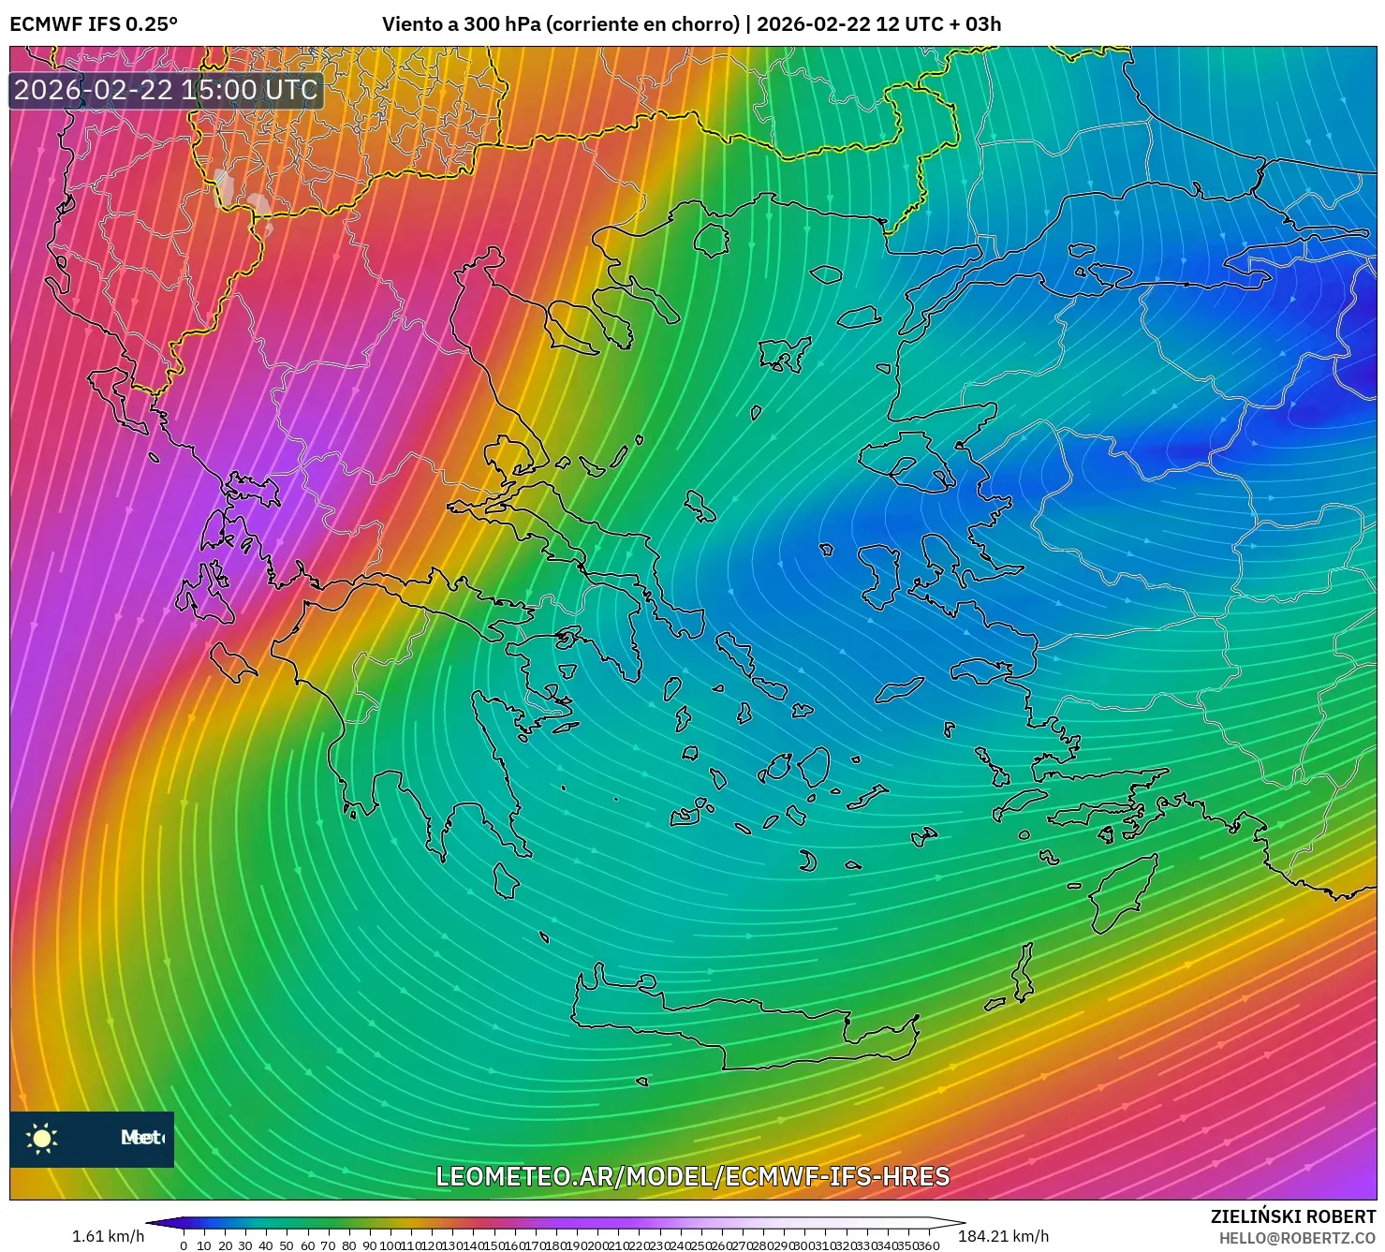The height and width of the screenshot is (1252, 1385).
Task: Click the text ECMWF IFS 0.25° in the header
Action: click(94, 24)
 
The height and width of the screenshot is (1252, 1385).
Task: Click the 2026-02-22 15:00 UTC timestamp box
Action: click(167, 91)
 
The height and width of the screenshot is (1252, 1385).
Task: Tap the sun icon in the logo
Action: click(42, 1139)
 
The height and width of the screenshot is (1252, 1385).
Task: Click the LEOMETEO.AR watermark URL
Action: click(693, 1176)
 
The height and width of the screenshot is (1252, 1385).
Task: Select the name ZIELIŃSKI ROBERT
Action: click(1293, 1217)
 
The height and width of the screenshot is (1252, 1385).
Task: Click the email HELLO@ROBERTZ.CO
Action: click(1297, 1238)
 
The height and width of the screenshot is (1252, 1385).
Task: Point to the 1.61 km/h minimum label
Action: click(108, 1236)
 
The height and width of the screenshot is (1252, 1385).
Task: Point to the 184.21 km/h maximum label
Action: click(1003, 1236)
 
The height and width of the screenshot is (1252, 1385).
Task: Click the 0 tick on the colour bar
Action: click(184, 1245)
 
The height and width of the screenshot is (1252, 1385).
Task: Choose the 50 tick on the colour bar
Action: click(287, 1245)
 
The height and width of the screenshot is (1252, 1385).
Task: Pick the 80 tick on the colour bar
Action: click(348, 1245)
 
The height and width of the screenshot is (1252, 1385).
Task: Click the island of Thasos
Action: click(712, 241)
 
